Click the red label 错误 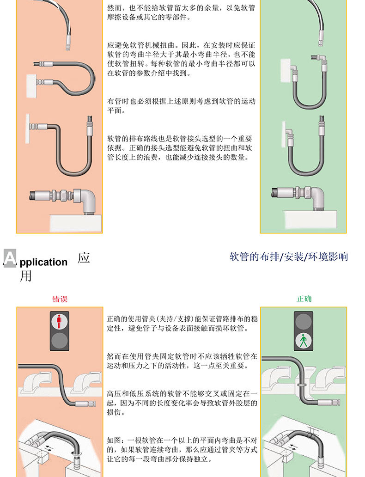(x=60, y=299)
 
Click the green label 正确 (x=304, y=299)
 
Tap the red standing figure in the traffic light (x=59, y=320)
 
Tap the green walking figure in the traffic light (x=303, y=342)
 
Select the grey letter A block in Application (x=10, y=258)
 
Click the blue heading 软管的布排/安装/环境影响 (x=289, y=257)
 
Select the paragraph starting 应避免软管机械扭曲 (x=181, y=60)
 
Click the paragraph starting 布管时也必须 (x=181, y=106)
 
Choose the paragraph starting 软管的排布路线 (x=181, y=148)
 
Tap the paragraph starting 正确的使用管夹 (x=181, y=324)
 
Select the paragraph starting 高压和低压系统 (x=181, y=403)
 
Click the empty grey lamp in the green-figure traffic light (x=303, y=320)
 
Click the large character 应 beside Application (x=84, y=257)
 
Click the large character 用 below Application (x=26, y=276)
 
